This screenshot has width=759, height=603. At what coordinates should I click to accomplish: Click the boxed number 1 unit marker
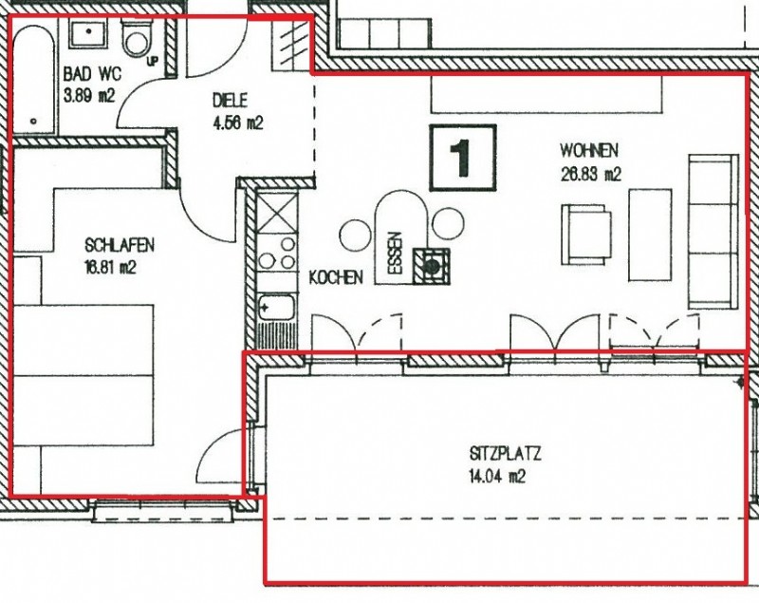coord(463,158)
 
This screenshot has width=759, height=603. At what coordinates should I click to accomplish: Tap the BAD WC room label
coord(92,75)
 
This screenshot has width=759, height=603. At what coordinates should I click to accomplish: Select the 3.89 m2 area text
coord(89,95)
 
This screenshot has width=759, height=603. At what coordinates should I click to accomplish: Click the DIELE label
coord(230,101)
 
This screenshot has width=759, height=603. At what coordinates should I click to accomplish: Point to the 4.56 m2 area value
coord(238,123)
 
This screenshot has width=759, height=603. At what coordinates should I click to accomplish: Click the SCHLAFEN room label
coord(120,245)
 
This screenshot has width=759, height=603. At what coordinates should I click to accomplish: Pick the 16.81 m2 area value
coord(110,267)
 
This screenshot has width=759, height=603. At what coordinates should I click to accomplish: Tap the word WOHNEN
coord(589,151)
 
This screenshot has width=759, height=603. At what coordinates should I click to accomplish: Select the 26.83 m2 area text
coord(590,174)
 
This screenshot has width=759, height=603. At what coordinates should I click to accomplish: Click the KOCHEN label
coord(336,277)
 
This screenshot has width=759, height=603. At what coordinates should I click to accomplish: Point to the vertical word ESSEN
coord(396,254)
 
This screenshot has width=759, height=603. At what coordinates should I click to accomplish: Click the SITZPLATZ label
coord(505,454)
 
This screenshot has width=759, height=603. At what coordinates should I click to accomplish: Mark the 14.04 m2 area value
coord(497,477)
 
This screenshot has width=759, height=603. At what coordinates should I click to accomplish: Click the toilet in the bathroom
coord(138,38)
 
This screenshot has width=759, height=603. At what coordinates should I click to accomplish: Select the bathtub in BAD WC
coord(33,77)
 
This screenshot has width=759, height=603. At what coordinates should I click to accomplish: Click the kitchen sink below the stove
coord(276,307)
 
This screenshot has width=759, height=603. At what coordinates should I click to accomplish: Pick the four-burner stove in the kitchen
coord(277,252)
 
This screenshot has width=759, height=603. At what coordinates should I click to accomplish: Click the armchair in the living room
coord(586,235)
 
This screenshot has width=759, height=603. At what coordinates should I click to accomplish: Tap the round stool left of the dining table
coord(356,236)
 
